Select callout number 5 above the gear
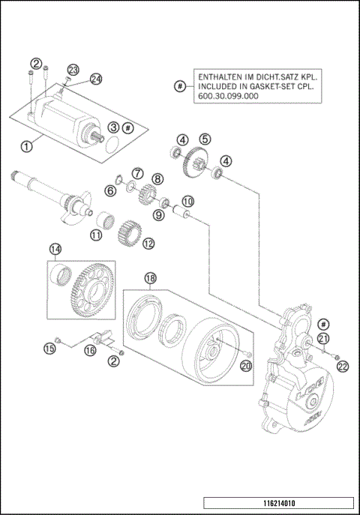tap(205, 138)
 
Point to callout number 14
tap(55, 249)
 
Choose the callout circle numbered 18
tap(151, 278)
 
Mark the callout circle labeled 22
tap(343, 365)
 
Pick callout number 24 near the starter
tap(96, 79)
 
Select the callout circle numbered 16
tap(90, 350)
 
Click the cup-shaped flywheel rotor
tap(209, 352)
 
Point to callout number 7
tap(138, 173)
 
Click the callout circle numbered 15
tap(49, 348)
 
